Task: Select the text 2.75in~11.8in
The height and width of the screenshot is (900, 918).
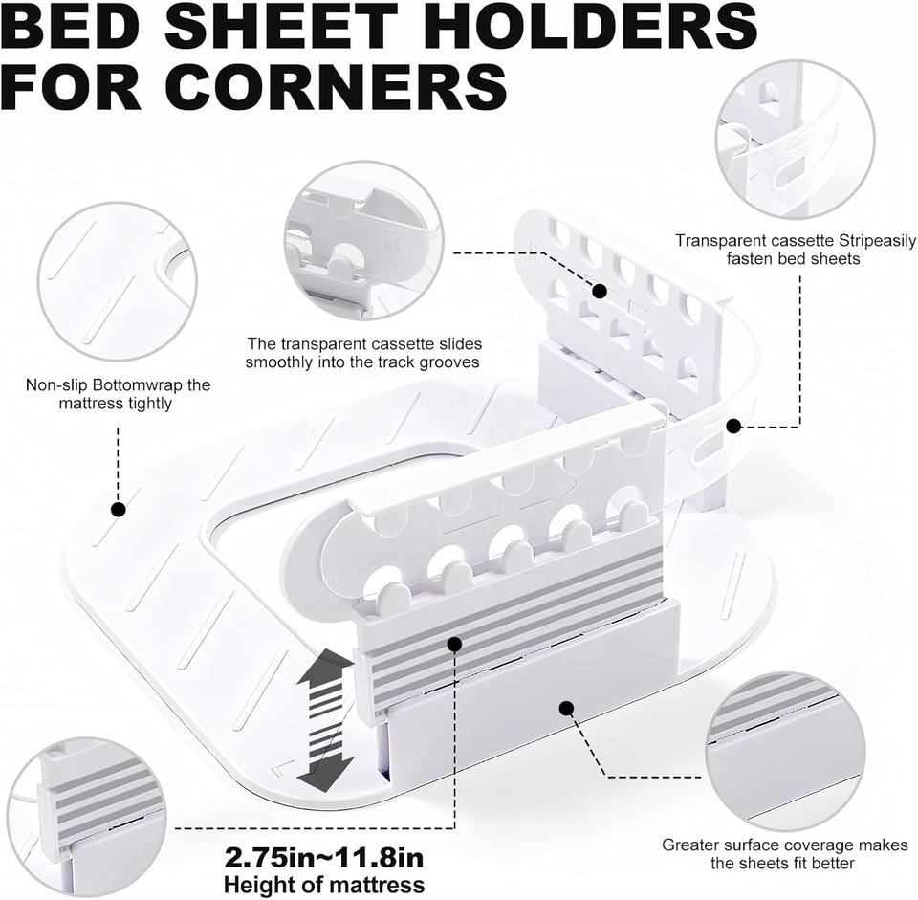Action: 323,855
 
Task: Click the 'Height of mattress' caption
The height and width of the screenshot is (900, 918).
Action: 323,885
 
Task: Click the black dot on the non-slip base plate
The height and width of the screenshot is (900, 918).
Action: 119,510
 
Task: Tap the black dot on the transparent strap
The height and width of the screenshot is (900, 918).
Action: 733,427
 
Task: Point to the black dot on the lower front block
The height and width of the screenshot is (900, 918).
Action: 566,709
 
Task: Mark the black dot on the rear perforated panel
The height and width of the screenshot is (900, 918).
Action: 600,291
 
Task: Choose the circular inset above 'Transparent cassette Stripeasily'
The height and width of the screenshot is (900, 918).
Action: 795,139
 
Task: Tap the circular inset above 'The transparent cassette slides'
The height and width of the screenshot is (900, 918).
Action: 362,240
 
